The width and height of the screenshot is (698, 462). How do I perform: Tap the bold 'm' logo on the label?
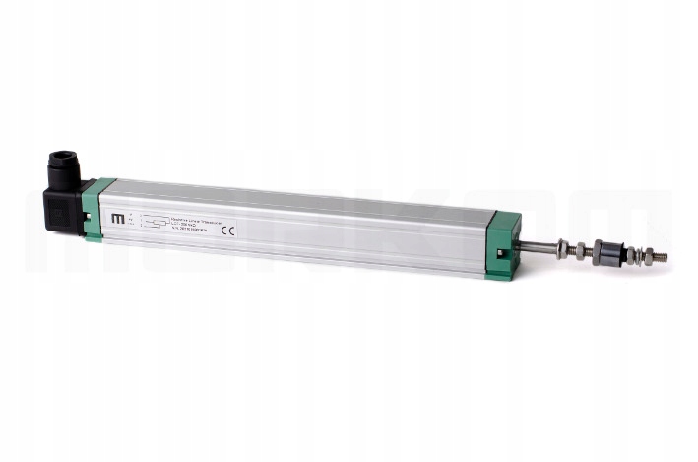coord(119,218)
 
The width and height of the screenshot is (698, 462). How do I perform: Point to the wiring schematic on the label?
coord(152,222)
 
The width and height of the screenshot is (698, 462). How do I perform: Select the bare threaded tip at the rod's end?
coord(659,256)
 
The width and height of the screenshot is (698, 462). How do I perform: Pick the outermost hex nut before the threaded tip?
coord(641,255)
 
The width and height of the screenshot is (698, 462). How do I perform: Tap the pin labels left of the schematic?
coord(133,222)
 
